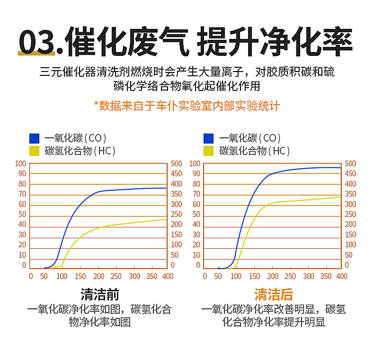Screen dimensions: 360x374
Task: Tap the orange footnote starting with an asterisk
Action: click(187, 105)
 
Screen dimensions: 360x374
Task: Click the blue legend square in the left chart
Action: click(34, 138)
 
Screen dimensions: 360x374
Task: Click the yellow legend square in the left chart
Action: click(34, 151)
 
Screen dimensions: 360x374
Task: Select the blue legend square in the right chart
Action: click(209, 138)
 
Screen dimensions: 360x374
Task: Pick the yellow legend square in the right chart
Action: click(209, 151)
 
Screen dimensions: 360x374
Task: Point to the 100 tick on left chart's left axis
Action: click(21, 163)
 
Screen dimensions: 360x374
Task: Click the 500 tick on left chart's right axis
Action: click(176, 163)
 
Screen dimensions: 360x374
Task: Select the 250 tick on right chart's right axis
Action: click(350, 215)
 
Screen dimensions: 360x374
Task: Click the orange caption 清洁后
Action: click(274, 295)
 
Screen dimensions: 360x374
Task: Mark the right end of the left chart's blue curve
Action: click(166, 188)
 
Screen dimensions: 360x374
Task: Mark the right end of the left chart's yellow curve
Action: click(166, 219)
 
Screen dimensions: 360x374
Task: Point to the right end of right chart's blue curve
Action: click(340, 168)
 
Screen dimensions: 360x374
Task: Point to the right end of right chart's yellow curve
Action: click(340, 197)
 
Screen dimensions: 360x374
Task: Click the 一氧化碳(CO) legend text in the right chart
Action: click(250, 138)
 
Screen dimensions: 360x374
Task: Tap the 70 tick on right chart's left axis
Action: click(196, 194)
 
